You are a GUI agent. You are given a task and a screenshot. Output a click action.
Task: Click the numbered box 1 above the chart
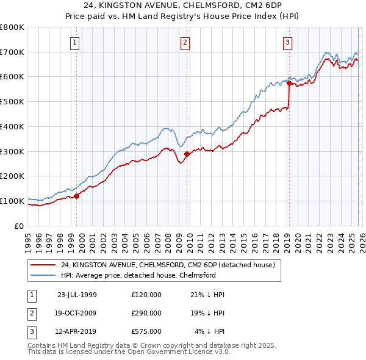click(x=74, y=42)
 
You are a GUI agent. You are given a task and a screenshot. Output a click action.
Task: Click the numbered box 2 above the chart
click(x=185, y=42)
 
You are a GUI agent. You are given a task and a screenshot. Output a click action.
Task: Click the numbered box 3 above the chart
click(x=287, y=42)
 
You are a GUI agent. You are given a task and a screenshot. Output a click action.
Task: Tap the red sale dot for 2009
click(x=187, y=154)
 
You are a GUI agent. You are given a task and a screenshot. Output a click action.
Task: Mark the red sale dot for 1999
click(x=77, y=196)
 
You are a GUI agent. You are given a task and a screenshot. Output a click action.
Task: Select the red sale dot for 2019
click(x=289, y=84)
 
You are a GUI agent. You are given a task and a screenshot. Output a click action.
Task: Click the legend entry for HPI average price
click(x=138, y=275)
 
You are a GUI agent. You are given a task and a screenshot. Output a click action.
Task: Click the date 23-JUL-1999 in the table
click(x=77, y=295)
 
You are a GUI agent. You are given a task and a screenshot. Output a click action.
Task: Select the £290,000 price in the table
click(x=146, y=312)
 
